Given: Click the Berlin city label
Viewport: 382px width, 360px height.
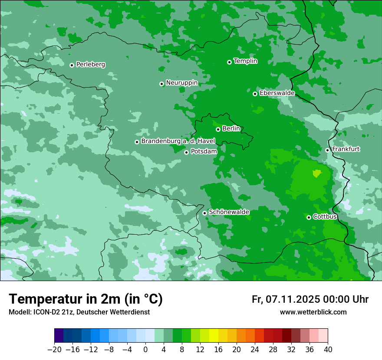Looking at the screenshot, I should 231,128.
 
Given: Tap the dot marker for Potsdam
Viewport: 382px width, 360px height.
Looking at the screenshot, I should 186,152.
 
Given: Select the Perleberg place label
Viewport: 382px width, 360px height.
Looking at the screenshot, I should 90,65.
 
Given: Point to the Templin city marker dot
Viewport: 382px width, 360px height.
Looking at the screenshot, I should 229,62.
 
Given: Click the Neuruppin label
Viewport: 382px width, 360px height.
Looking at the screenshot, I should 181,83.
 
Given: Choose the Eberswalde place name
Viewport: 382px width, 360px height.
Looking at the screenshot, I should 277,93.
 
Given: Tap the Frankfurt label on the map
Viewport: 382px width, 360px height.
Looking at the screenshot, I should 346,149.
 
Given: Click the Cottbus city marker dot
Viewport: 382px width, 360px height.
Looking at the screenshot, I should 309,217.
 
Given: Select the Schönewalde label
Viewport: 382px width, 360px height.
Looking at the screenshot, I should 229,212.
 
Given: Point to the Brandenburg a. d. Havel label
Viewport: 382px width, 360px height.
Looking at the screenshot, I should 178,141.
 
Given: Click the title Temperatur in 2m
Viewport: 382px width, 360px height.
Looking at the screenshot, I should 86,299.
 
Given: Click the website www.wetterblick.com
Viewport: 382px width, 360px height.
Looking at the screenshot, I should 313,312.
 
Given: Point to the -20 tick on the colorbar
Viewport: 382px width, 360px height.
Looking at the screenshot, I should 54,349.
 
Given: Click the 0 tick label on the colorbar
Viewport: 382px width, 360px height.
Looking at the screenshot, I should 145,349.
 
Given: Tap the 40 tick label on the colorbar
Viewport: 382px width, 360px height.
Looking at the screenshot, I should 328,349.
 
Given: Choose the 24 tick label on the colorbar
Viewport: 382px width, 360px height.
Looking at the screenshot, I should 255,349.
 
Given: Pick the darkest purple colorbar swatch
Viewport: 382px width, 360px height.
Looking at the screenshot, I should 59,336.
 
